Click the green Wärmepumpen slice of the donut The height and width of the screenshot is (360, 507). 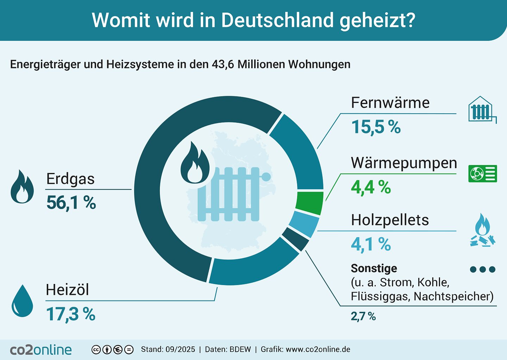(309, 203)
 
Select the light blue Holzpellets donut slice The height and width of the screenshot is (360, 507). (303, 224)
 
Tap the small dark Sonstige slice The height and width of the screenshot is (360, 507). (295, 239)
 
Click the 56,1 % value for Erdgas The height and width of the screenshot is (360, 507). (71, 203)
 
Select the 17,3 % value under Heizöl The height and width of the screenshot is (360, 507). (70, 314)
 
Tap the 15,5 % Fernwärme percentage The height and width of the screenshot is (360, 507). (376, 127)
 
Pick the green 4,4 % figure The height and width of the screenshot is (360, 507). (371, 187)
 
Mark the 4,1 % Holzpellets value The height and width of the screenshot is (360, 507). (371, 244)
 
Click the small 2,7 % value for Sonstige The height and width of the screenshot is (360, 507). (363, 316)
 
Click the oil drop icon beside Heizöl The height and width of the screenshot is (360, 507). (22, 301)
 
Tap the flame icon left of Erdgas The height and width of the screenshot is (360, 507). (22, 187)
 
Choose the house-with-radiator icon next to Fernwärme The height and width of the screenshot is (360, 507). (481, 110)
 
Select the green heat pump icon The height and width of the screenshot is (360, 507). (482, 173)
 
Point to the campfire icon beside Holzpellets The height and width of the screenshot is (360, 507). (482, 230)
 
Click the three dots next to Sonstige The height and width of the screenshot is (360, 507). (482, 270)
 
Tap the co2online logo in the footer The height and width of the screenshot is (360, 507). (41, 349)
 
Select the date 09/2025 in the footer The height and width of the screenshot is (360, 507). (180, 349)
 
